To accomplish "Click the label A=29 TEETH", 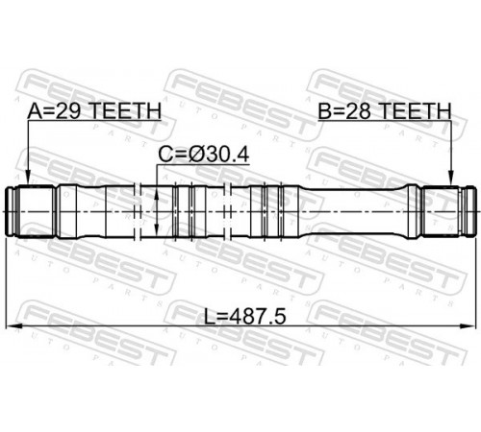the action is click(94, 111).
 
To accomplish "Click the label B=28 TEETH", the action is click(385, 111).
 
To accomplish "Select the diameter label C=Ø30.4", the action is click(204, 155).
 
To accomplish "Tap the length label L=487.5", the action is click(245, 317).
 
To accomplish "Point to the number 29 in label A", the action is click(68, 111).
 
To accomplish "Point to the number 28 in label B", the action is click(358, 111).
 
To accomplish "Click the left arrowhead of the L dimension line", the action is click(13, 326).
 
